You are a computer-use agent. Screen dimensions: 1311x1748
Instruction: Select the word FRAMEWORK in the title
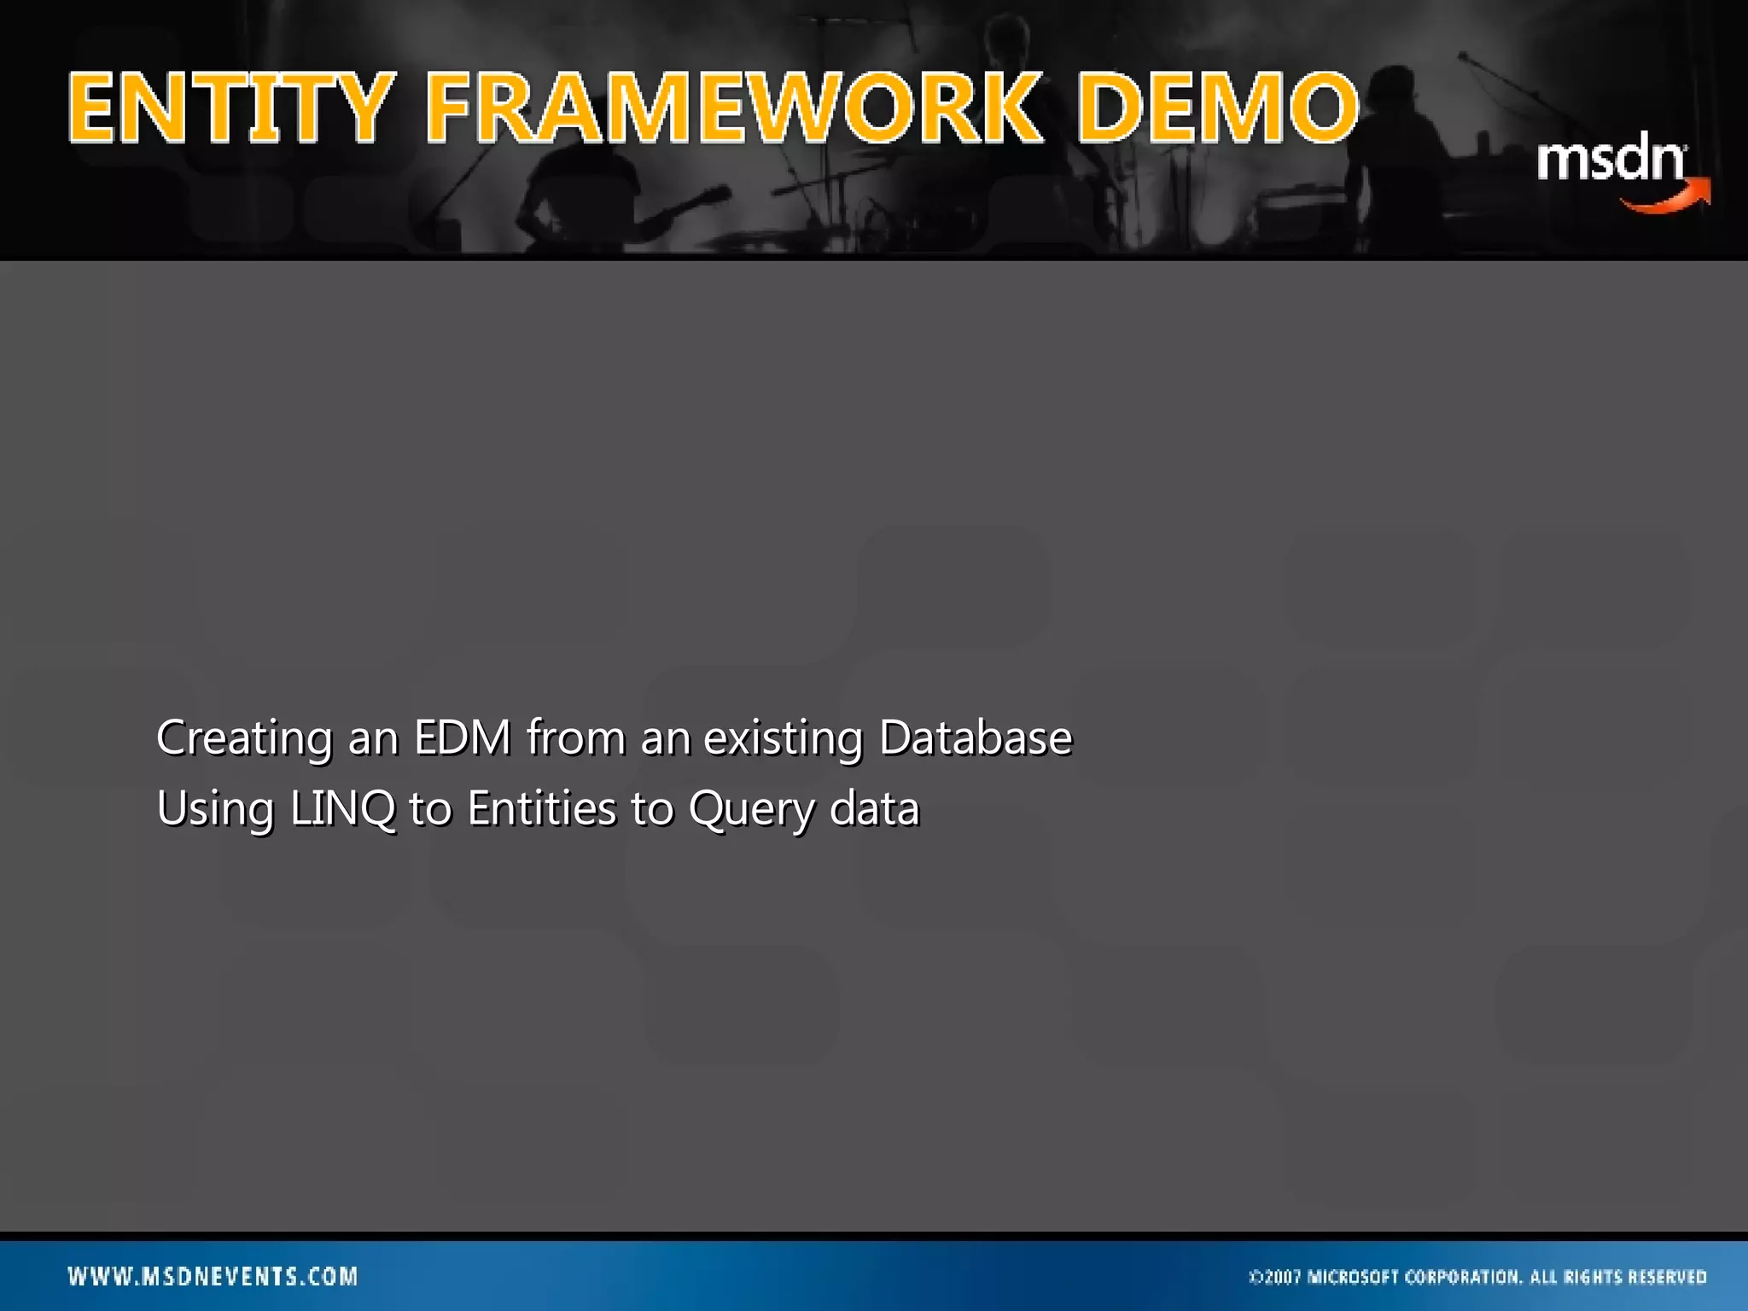(733, 108)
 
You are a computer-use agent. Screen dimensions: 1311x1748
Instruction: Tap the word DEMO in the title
(1217, 108)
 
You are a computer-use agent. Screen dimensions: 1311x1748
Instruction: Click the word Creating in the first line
(244, 738)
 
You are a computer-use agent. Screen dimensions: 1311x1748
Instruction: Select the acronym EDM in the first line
(462, 738)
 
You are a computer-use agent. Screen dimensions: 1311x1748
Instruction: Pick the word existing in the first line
(783, 738)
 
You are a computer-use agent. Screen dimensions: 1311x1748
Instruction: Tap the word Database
(975, 738)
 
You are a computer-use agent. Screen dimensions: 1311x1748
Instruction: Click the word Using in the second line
(215, 809)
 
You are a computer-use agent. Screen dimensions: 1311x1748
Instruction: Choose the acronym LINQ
(342, 809)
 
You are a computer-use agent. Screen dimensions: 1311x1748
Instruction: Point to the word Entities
(541, 809)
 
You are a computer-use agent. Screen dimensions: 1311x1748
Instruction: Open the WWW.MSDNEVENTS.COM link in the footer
(213, 1277)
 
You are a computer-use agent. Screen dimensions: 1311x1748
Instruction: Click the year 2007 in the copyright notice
(1282, 1278)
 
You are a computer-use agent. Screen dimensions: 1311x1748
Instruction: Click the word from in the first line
(575, 738)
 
